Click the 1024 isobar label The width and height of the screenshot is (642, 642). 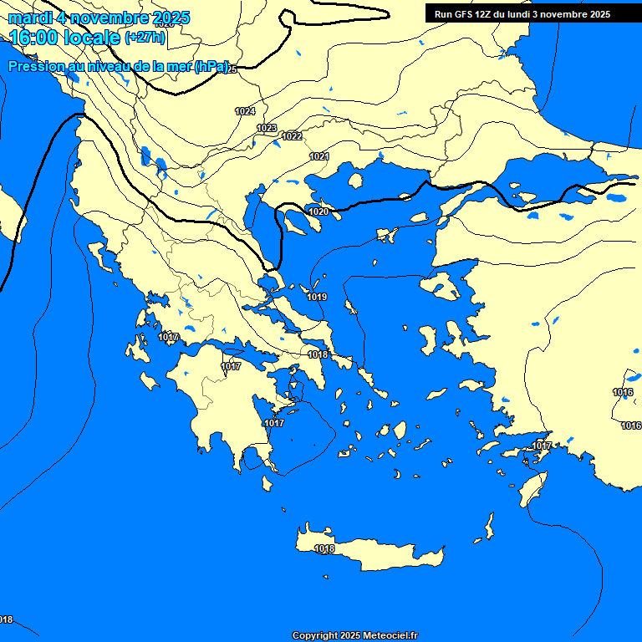[245, 111]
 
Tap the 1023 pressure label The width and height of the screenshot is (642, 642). [267, 128]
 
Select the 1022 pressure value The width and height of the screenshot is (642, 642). [292, 136]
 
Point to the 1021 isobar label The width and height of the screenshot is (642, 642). [319, 156]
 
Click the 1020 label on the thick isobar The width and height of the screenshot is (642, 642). [318, 212]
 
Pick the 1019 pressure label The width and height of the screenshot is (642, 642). [317, 297]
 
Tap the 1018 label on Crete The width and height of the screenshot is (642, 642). [324, 548]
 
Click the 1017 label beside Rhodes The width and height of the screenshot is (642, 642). [543, 446]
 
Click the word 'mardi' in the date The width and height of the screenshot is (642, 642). [30, 18]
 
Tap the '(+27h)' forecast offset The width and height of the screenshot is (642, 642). [145, 38]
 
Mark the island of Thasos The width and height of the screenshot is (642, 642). [355, 181]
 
